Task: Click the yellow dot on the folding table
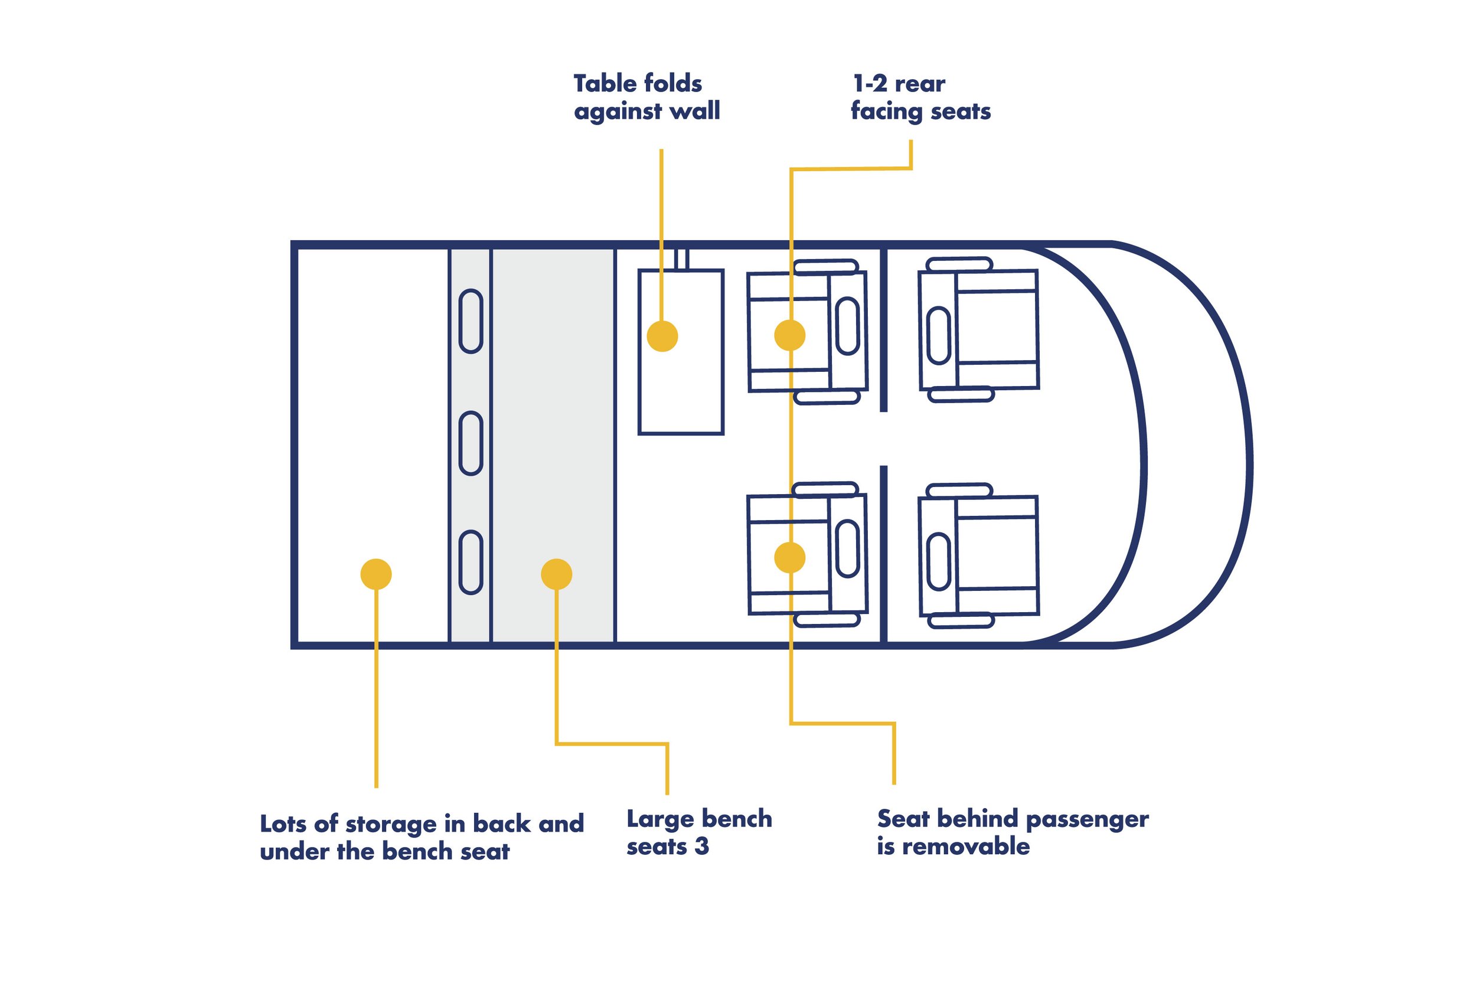tap(662, 336)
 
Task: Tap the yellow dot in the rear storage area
tap(376, 574)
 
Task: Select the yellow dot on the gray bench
tap(556, 574)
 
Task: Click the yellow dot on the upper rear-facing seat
tap(789, 335)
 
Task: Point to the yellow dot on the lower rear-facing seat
tap(789, 557)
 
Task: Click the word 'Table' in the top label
tap(606, 83)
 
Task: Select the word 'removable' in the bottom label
tap(966, 846)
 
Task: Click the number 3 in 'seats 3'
tap(701, 846)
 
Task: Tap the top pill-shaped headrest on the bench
tap(471, 321)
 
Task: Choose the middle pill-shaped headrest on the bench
tap(471, 443)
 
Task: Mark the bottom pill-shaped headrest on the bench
tap(471, 563)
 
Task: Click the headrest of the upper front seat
tap(938, 335)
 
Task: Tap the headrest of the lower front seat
tap(938, 562)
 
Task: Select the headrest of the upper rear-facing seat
tap(847, 326)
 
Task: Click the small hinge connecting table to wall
tap(682, 259)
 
